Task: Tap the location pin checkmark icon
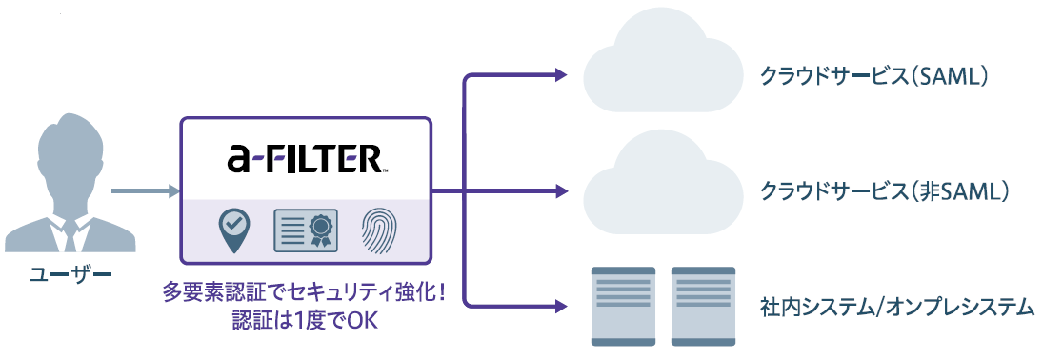pyautogui.click(x=234, y=230)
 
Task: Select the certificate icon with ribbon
pyautogui.click(x=306, y=230)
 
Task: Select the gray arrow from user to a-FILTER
pyautogui.click(x=146, y=191)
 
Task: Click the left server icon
pyautogui.click(x=623, y=306)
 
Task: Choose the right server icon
pyautogui.click(x=703, y=306)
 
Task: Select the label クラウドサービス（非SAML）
pyautogui.click(x=885, y=192)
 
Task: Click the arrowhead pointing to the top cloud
pyautogui.click(x=561, y=75)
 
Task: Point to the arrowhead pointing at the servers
pyautogui.click(x=561, y=307)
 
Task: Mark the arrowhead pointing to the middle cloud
pyautogui.click(x=561, y=191)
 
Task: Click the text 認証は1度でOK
pyautogui.click(x=306, y=321)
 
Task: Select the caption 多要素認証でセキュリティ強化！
pyautogui.click(x=306, y=293)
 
